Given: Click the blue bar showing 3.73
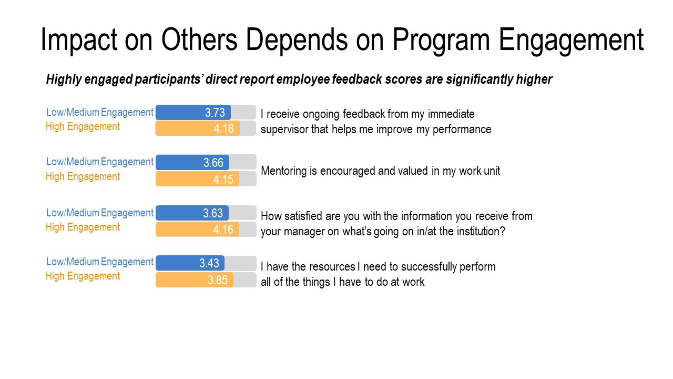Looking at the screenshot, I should click(x=193, y=112).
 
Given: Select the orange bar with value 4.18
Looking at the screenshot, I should click(x=197, y=128).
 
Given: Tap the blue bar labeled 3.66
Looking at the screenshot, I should click(x=192, y=163).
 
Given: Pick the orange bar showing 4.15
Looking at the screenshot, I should click(x=197, y=179).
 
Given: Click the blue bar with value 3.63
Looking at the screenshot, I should click(x=192, y=213).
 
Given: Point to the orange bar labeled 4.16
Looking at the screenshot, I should click(x=197, y=230).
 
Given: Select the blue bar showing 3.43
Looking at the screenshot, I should click(x=190, y=263).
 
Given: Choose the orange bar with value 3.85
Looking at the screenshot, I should click(x=195, y=280).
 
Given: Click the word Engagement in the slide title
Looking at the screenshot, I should click(x=571, y=39).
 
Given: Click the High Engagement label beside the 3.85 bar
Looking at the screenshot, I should click(x=83, y=276).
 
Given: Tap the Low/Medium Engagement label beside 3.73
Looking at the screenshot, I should click(x=100, y=112).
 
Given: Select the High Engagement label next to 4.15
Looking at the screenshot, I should click(x=83, y=177).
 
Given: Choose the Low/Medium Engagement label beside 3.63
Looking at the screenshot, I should click(x=100, y=213).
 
